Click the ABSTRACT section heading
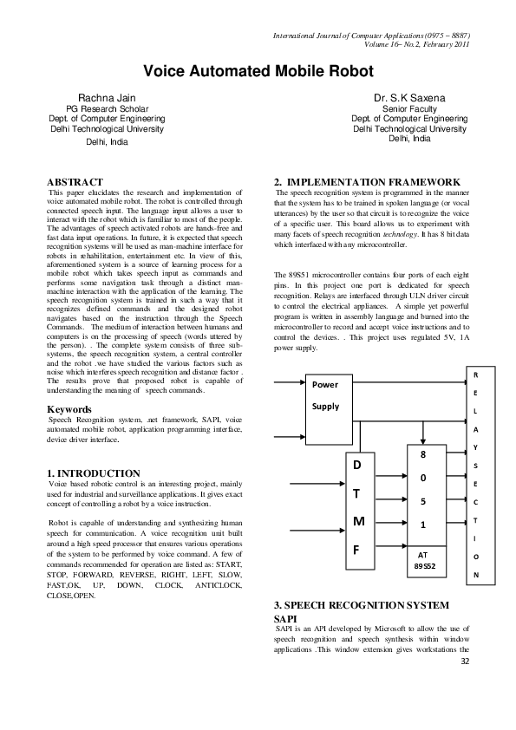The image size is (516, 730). [75, 181]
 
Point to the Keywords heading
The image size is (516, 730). [70, 407]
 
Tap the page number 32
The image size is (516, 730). [465, 662]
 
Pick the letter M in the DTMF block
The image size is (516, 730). [358, 521]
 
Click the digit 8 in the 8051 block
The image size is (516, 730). [422, 454]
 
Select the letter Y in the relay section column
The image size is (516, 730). [474, 446]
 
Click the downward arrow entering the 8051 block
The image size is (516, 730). [422, 433]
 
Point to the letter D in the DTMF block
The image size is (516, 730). [358, 466]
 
